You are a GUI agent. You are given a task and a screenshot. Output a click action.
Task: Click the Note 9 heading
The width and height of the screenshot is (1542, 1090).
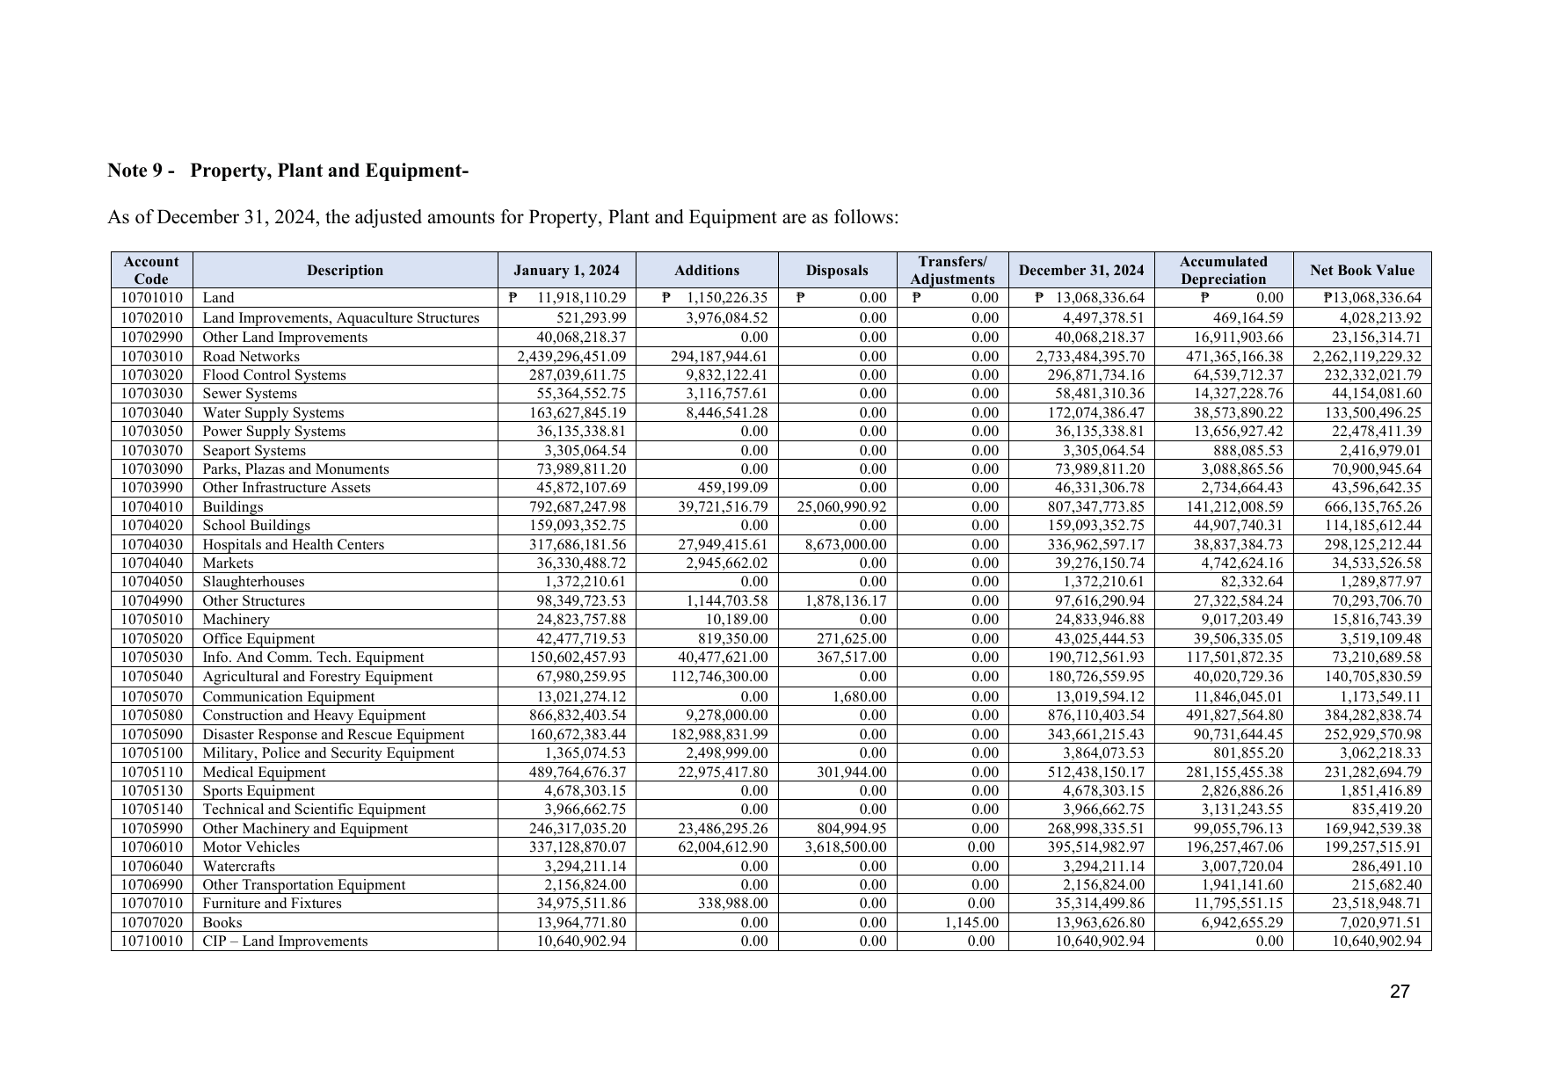287,171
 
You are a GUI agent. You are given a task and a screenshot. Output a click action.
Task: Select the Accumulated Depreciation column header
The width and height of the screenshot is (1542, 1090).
1223,271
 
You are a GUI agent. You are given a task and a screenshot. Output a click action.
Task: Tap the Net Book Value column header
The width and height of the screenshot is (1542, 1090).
1362,271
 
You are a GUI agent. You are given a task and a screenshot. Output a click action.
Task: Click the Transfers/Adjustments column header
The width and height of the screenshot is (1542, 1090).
952,271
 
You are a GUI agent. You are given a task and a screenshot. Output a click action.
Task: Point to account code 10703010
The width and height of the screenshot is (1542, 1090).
151,357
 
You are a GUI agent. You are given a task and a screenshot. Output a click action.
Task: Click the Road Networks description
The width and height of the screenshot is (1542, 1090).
251,357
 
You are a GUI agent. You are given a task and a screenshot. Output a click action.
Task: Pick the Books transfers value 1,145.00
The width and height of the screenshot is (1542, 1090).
971,923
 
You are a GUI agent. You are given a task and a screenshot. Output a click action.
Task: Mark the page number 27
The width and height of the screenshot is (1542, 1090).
1400,992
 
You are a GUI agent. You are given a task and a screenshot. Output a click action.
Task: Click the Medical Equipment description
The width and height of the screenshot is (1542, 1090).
264,773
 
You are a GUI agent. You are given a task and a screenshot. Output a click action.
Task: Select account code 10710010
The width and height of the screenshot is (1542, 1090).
151,941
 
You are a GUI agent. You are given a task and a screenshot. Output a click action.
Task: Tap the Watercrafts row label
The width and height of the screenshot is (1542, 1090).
238,867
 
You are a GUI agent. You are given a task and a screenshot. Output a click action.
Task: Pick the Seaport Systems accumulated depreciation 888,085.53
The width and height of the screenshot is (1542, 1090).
1241,451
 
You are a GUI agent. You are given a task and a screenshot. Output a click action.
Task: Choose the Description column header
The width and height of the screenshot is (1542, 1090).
345,271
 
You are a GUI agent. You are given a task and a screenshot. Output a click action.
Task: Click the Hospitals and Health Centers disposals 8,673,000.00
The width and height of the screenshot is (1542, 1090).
846,545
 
